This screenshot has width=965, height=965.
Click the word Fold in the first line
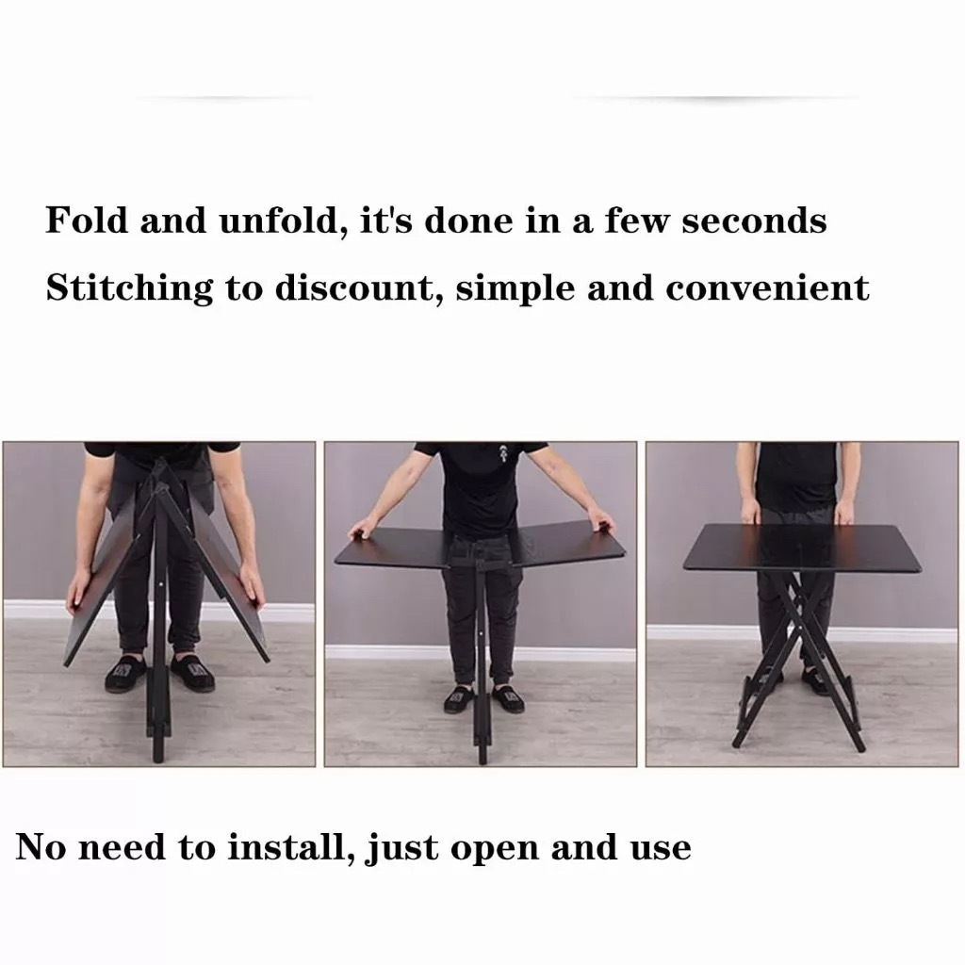pos(87,220)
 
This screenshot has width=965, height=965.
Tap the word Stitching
pos(129,288)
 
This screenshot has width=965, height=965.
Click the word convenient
pos(767,287)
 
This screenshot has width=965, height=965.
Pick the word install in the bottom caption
pos(292,847)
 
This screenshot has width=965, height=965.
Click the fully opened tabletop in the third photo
pos(803,547)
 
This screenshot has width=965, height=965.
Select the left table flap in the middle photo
pos(394,547)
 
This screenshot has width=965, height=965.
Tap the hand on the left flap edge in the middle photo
pos(365,528)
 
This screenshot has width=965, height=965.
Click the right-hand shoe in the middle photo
pos(507,699)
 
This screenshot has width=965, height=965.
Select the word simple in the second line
pos(515,288)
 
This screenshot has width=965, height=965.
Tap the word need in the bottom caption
pos(123,847)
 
